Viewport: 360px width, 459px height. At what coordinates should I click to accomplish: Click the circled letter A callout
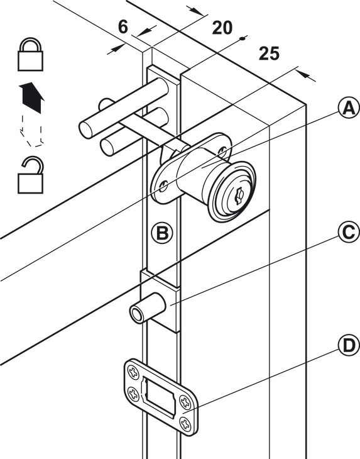click(349, 108)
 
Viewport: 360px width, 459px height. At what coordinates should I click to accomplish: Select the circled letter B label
click(162, 233)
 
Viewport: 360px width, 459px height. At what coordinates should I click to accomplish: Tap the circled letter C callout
click(349, 233)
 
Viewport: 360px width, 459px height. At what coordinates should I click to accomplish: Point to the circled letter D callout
click(349, 346)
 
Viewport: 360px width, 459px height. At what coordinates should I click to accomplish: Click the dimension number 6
click(123, 27)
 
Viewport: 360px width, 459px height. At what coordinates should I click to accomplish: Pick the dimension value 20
click(222, 28)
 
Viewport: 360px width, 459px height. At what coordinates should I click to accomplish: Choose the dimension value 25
click(269, 53)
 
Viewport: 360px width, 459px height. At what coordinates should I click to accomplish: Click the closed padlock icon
click(30, 54)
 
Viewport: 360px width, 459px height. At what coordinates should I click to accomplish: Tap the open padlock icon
click(30, 175)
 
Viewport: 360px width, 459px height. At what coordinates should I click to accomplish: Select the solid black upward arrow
click(32, 97)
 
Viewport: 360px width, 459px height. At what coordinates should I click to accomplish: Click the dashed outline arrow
click(31, 131)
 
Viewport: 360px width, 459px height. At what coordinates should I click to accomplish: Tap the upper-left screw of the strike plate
click(133, 372)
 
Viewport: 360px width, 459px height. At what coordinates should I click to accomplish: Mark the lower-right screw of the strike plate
click(185, 423)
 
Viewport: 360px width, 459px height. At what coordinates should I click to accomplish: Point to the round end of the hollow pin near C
click(136, 314)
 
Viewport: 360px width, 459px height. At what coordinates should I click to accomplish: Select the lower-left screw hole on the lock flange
click(163, 186)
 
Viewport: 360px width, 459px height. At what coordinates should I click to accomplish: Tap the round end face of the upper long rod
click(86, 131)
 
